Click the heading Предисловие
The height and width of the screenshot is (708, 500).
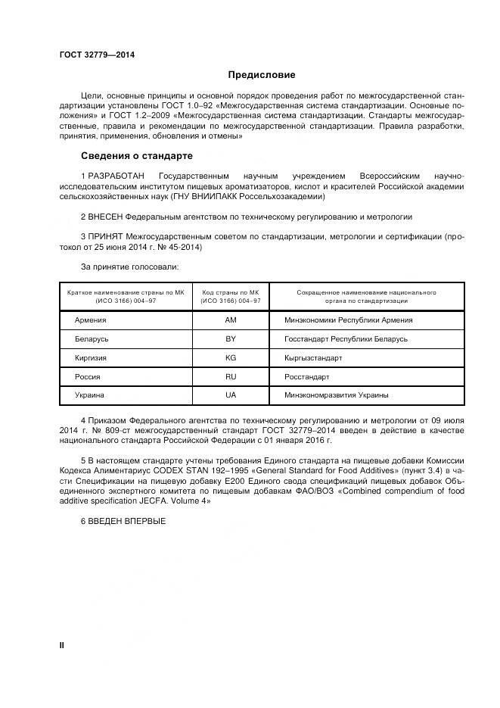tap(262, 75)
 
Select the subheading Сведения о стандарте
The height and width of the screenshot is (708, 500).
tap(136, 156)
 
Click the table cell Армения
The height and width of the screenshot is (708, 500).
tap(90, 320)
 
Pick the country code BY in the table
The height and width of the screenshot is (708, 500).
tap(231, 339)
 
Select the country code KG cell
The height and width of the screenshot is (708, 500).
tap(231, 357)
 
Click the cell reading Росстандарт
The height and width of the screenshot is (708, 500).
tap(306, 376)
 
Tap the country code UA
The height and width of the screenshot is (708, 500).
tap(231, 395)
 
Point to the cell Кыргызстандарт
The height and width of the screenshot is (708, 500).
tap(312, 357)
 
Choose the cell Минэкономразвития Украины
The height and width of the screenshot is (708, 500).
tap(336, 395)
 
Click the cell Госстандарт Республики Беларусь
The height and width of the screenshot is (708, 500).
tap(346, 339)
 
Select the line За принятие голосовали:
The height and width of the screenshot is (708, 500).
tap(129, 267)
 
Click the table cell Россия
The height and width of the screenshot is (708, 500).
tap(88, 376)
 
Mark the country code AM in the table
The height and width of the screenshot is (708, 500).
tap(231, 320)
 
